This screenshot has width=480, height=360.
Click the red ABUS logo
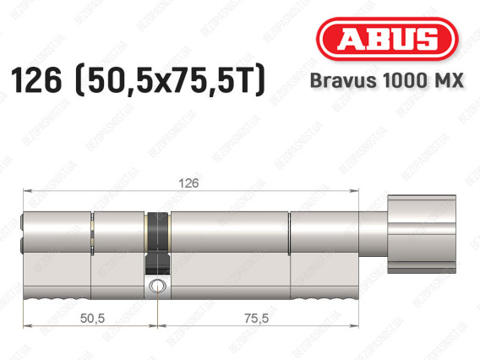pos(387,39)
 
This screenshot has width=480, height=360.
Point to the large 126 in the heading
pos(36,80)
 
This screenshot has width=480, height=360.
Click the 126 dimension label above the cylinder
pos(188,183)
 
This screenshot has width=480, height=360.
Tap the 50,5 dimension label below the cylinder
pos(92,319)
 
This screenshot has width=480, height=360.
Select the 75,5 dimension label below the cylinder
pos(257,319)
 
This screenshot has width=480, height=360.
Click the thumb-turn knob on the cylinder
pos(422,234)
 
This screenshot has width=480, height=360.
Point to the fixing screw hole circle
pos(157,286)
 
